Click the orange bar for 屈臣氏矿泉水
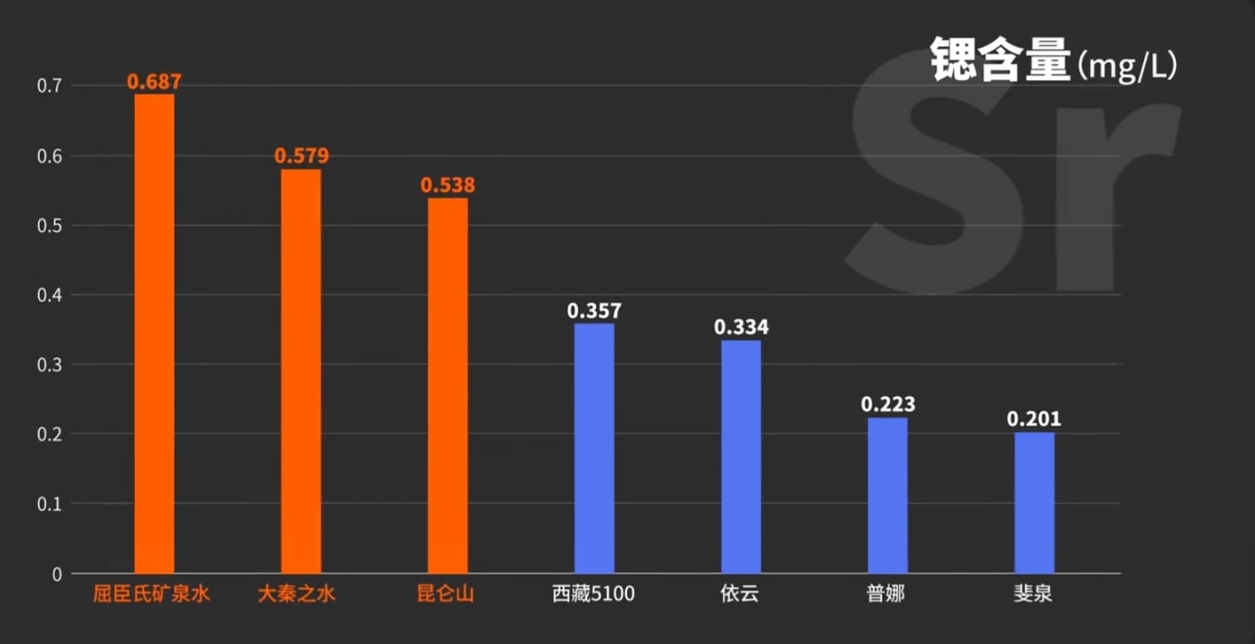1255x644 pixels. pyautogui.click(x=153, y=333)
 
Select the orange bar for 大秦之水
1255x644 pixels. pyautogui.click(x=301, y=371)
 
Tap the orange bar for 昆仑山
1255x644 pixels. pyautogui.click(x=447, y=386)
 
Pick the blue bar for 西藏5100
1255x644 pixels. pyautogui.click(x=594, y=448)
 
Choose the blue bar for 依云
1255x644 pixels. pyautogui.click(x=741, y=456)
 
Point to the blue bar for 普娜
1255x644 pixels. pyautogui.click(x=887, y=495)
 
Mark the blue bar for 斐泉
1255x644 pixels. pyautogui.click(x=1034, y=503)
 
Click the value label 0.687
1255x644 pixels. pyautogui.click(x=154, y=82)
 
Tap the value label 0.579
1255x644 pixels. pyautogui.click(x=302, y=156)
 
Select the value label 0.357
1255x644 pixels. pyautogui.click(x=594, y=311)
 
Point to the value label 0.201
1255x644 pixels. pyautogui.click(x=1035, y=419)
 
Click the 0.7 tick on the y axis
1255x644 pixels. pyautogui.click(x=49, y=86)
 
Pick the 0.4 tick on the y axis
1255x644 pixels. pyautogui.click(x=49, y=295)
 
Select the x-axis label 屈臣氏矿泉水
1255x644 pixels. pyautogui.click(x=152, y=594)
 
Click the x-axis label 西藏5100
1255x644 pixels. pyautogui.click(x=594, y=594)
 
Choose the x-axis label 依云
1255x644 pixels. pyautogui.click(x=739, y=594)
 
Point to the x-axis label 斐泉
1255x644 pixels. pyautogui.click(x=1033, y=594)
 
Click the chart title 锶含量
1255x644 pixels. pyautogui.click(x=1000, y=61)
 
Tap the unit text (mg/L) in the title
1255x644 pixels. pyautogui.click(x=1126, y=66)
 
